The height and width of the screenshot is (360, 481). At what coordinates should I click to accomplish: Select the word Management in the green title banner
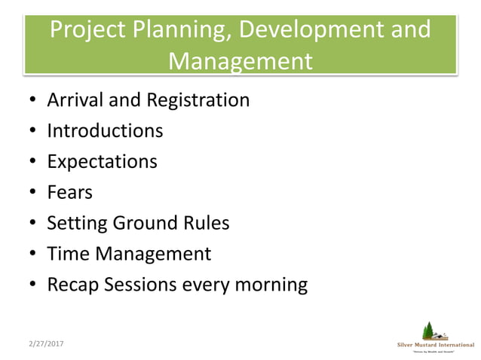pos(240,60)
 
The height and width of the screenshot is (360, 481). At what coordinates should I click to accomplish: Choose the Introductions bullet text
pos(105,130)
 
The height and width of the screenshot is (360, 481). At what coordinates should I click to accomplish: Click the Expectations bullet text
pos(102,161)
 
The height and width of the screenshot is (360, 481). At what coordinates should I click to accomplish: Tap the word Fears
pos(69,192)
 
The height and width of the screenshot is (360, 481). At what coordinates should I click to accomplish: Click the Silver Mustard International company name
pos(436,344)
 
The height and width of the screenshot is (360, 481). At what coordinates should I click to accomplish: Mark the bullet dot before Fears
pos(33,193)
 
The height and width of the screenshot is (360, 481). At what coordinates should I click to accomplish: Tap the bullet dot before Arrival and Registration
pos(33,100)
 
